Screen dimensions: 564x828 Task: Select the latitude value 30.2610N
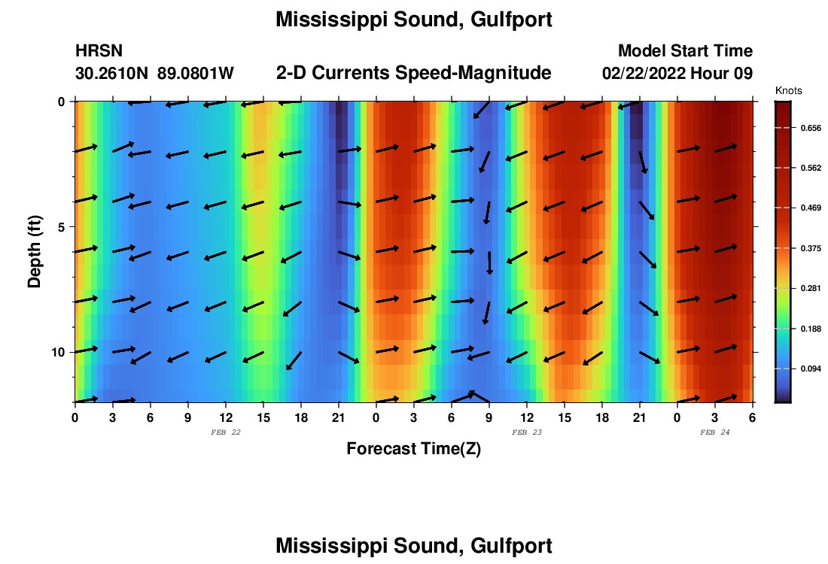pos(112,74)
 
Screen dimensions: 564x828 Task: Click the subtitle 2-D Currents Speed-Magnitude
pos(414,73)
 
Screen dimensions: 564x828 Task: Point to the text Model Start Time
pos(685,51)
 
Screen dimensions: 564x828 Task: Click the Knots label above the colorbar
pos(789,91)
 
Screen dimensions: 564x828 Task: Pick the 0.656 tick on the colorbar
pos(809,128)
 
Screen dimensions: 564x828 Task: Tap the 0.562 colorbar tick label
pos(809,168)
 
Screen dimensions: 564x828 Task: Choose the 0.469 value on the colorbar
pos(809,208)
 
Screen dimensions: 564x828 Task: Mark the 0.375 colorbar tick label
pos(809,248)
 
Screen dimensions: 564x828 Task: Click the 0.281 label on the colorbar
pos(809,289)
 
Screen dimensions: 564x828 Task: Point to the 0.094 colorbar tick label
pos(809,369)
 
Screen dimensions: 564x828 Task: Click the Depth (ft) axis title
pos(35,252)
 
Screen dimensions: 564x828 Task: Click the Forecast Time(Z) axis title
pos(413,449)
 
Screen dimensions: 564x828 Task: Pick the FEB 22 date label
pos(226,432)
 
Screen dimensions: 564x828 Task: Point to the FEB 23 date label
pos(527,432)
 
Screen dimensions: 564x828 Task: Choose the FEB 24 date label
pos(715,432)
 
